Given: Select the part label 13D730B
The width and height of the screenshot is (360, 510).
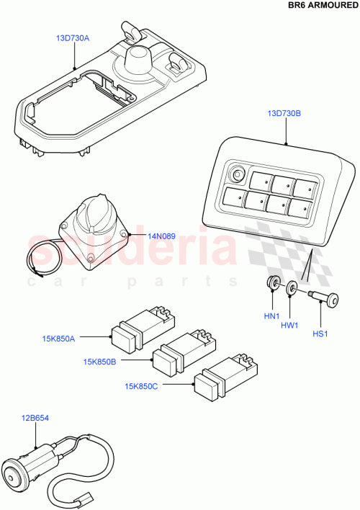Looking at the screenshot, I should pyautogui.click(x=284, y=114).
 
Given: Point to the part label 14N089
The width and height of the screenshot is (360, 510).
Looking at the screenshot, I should pyautogui.click(x=161, y=235).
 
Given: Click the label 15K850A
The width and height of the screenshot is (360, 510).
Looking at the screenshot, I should pyautogui.click(x=60, y=336).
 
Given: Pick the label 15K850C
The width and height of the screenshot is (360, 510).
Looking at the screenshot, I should pyautogui.click(x=143, y=387).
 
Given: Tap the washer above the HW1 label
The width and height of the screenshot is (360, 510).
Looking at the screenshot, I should pyautogui.click(x=292, y=290).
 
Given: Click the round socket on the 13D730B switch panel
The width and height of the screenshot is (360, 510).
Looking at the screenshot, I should pyautogui.click(x=237, y=174).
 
